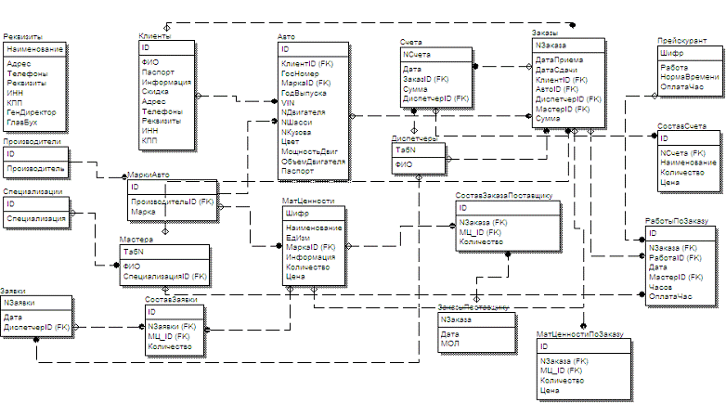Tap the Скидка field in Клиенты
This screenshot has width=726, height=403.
coord(155,92)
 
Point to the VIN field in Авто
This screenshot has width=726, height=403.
coord(289,103)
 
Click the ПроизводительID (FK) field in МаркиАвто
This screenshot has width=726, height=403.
coord(173,201)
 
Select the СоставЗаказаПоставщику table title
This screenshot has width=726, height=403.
coord(504,196)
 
